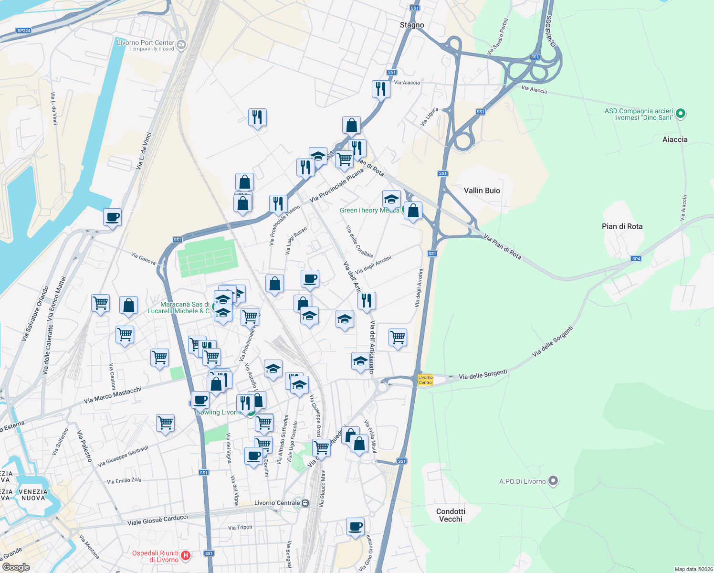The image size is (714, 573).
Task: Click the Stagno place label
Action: [411, 25]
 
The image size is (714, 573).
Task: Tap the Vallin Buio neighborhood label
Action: [482, 191]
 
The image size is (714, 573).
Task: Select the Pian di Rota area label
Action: [622, 226]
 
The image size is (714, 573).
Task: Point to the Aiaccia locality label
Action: [675, 139]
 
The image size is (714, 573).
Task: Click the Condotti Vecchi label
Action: [451, 515]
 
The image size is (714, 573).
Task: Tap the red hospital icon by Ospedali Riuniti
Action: [186, 555]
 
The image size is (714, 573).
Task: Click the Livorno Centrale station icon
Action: [305, 503]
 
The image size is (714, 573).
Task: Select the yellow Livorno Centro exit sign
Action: [425, 380]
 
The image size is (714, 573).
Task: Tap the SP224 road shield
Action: [23, 31]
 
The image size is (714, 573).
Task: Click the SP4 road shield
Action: [636, 259]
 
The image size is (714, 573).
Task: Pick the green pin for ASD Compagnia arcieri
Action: [681, 114]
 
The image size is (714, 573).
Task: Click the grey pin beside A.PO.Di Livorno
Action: [553, 481]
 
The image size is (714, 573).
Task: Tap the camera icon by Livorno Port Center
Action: [181, 45]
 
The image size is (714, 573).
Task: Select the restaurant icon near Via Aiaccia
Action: [381, 89]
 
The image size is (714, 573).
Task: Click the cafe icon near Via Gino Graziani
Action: [355, 527]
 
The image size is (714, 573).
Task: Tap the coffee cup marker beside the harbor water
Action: [112, 217]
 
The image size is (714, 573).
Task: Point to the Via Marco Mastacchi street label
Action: [113, 395]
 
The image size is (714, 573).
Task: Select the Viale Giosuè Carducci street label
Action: [157, 519]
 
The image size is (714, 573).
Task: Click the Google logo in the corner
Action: [16, 567]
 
